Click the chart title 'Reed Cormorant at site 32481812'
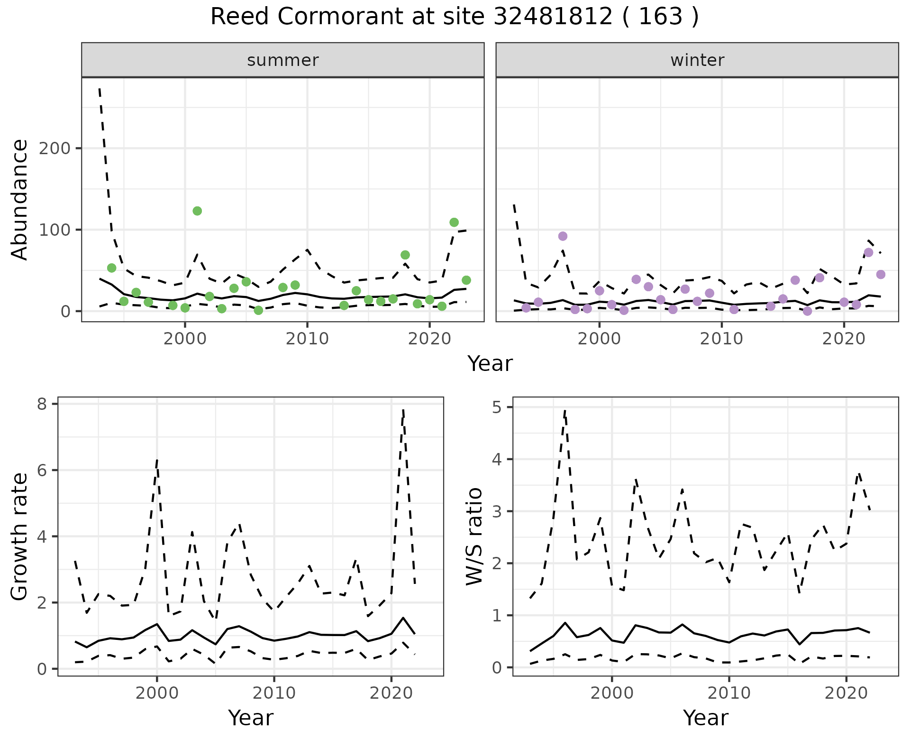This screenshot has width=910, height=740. (454, 17)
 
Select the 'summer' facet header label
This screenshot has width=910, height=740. (282, 60)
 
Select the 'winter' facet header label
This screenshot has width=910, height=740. (697, 60)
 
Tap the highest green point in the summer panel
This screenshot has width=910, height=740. (197, 211)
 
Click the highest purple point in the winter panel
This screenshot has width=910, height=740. (563, 236)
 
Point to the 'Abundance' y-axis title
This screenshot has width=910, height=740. (20, 200)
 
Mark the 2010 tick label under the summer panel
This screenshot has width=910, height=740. (307, 339)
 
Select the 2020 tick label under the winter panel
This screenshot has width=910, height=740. (844, 339)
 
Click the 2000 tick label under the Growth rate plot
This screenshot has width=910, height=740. (157, 693)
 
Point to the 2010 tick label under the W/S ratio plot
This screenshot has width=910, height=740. (729, 693)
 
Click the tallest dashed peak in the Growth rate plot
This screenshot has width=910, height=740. (403, 410)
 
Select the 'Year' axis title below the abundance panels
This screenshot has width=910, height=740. (490, 364)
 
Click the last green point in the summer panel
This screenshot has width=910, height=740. (466, 280)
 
